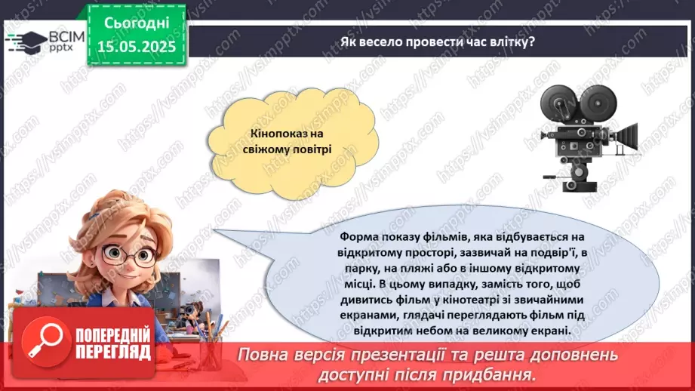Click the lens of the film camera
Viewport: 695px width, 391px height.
(628, 140)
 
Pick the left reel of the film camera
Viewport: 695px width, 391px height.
(559, 100)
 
